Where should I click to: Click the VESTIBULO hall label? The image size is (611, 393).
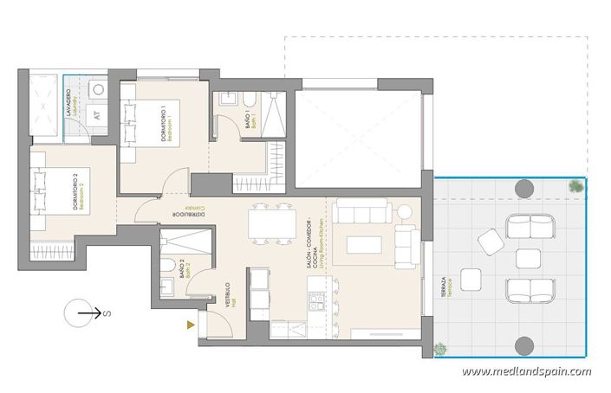click(x=230, y=296)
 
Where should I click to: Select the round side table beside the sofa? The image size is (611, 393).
click(x=404, y=211)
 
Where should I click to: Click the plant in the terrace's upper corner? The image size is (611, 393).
click(x=575, y=186)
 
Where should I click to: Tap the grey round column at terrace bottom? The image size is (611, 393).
click(x=523, y=345)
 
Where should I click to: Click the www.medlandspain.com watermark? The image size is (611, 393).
click(x=526, y=371)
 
